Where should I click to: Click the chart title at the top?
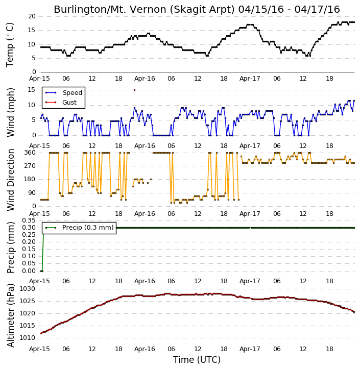197,9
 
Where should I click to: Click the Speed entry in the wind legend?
64,93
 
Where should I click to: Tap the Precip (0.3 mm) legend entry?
79,228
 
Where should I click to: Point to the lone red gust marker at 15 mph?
135,90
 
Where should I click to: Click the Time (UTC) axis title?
197,360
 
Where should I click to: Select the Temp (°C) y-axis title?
10,45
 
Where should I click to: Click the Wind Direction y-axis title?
11,180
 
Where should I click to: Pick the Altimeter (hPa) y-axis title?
11,316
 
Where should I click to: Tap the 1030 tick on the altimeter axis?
27,289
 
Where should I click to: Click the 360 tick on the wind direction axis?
30,153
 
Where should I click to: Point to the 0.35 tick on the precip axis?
29,220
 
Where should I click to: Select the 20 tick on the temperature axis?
32,16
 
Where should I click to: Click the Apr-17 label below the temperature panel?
250,79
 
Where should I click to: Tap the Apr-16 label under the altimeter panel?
145,349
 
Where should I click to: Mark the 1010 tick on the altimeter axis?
27,338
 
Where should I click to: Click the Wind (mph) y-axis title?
11,113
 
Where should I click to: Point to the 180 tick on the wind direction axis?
30,179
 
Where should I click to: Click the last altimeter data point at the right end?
354,312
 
